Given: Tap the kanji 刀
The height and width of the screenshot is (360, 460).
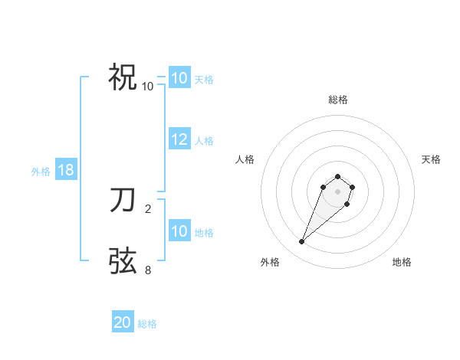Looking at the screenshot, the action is click(123, 200).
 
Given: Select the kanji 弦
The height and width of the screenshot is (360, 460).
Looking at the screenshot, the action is click(123, 260).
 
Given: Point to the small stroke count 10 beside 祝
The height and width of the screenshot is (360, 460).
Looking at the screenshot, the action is click(148, 87).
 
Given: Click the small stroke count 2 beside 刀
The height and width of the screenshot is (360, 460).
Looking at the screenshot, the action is click(148, 208).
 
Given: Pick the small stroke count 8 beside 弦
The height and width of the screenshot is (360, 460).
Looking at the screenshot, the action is click(148, 270).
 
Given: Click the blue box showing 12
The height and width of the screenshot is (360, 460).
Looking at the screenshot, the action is click(179, 139).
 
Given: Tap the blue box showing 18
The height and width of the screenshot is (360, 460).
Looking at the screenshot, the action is click(66, 170).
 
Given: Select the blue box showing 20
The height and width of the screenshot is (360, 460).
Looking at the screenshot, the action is click(123, 322).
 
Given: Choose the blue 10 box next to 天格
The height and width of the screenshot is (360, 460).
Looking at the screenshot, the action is click(179, 78).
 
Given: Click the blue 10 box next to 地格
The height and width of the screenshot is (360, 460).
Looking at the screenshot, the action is click(179, 231).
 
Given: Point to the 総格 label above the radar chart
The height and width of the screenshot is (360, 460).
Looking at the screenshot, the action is click(338, 100).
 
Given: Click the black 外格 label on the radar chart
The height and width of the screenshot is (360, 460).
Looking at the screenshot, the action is click(270, 262).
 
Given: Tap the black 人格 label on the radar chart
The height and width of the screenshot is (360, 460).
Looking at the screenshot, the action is click(245, 159).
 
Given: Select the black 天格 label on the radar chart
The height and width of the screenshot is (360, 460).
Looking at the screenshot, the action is click(431, 159).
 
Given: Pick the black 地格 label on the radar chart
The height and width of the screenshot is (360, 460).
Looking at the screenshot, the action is click(402, 262).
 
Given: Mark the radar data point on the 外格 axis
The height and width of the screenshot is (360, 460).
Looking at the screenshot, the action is click(302, 242).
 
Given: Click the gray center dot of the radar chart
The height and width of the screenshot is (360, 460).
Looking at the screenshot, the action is click(338, 191).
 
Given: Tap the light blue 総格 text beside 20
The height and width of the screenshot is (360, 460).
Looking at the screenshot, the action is click(147, 323).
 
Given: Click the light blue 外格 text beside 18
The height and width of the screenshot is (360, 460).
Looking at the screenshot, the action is click(41, 172).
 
